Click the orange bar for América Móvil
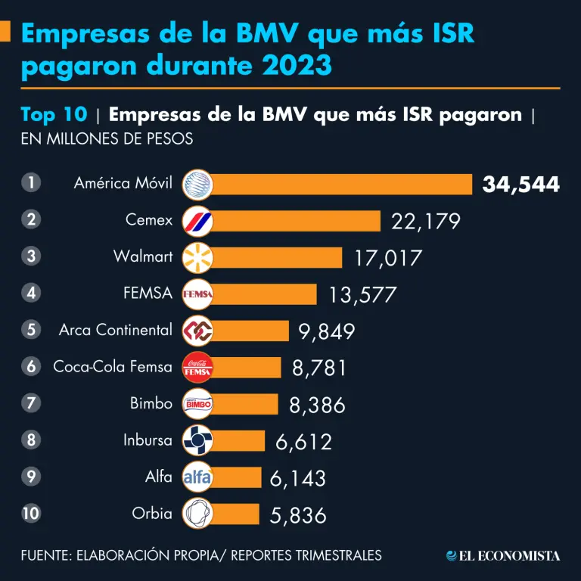pos(340,184)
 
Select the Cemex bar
pos(295,221)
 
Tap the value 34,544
pos(521,185)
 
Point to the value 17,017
pos(387,257)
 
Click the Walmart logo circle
pos(197,257)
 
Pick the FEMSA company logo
pos(197,294)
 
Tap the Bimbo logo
pos(197,405)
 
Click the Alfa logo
pos(197,477)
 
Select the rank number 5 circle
pos(31,330)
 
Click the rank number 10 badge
pos(31,514)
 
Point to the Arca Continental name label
pos(116,330)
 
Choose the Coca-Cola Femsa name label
pos(113,367)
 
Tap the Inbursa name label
pos(148,440)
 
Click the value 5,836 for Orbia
pos(298,515)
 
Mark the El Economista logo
pos(503,555)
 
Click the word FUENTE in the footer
pos(45,555)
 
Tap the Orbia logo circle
pos(197,514)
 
